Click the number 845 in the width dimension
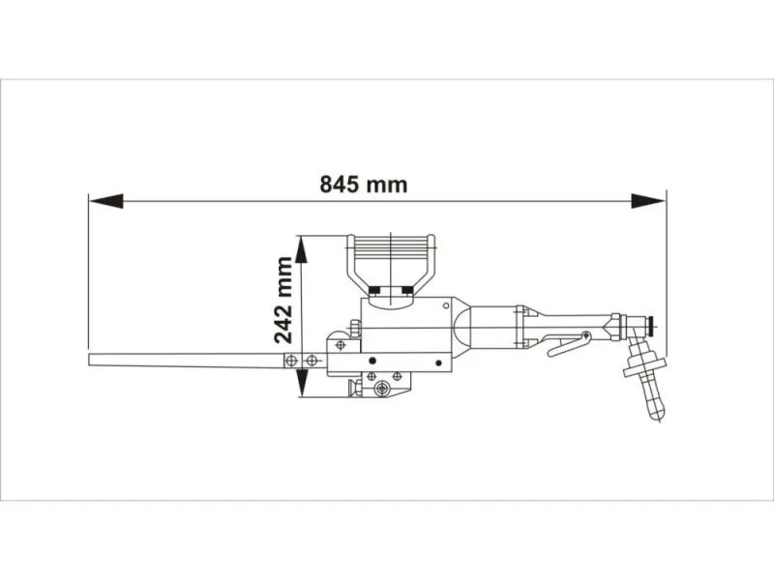[x=342, y=184]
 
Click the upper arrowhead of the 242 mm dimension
[x=303, y=249]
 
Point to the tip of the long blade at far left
[x=92, y=360]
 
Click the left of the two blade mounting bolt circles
[x=289, y=360]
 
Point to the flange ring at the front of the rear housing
[x=521, y=328]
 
